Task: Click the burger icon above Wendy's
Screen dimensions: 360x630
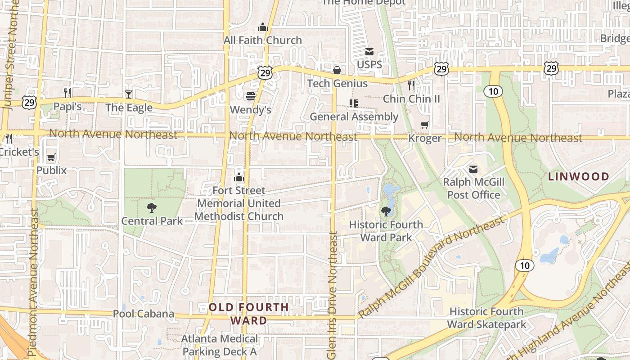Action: [251, 96]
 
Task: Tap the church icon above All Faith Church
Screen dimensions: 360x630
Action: [263, 27]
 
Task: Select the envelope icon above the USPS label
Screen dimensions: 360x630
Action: [369, 52]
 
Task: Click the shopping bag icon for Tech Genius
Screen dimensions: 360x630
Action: [337, 70]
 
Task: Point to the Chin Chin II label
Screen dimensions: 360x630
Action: [411, 99]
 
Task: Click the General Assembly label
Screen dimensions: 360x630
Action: [354, 117]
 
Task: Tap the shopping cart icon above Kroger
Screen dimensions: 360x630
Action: [424, 125]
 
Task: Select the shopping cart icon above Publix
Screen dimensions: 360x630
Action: [51, 157]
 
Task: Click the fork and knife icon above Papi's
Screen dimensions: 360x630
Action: [67, 93]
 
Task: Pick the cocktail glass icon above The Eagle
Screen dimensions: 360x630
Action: [129, 94]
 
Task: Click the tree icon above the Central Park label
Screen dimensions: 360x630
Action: [152, 208]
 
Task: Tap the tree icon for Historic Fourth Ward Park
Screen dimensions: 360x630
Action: [386, 211]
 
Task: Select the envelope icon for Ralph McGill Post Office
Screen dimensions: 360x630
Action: [473, 169]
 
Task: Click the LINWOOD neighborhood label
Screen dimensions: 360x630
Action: [578, 176]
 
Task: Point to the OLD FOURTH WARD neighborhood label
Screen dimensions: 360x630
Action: [249, 314]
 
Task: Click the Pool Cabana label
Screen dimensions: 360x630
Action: [143, 314]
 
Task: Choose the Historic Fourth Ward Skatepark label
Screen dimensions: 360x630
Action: [486, 318]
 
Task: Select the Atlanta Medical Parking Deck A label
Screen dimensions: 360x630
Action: [220, 345]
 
